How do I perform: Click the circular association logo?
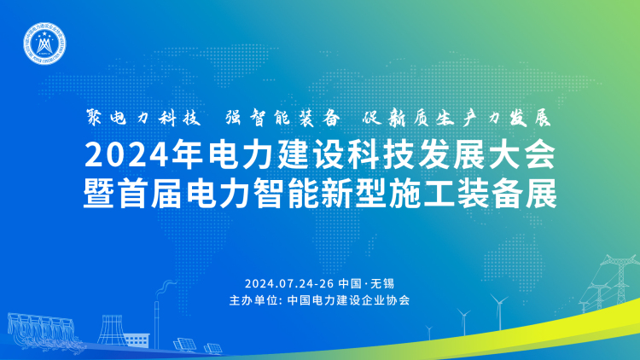(x=44, y=44)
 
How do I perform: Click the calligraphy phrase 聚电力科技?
(x=143, y=118)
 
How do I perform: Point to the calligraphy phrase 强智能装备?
(x=282, y=118)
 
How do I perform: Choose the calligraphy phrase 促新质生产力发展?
(x=457, y=118)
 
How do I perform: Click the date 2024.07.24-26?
(x=289, y=283)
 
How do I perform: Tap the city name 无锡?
(x=382, y=283)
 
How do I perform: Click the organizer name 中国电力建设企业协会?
(x=348, y=300)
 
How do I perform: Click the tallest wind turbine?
(x=499, y=312)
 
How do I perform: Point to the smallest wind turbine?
(x=429, y=332)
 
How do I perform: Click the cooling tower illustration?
(x=111, y=330)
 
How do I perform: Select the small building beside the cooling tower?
(x=137, y=340)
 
